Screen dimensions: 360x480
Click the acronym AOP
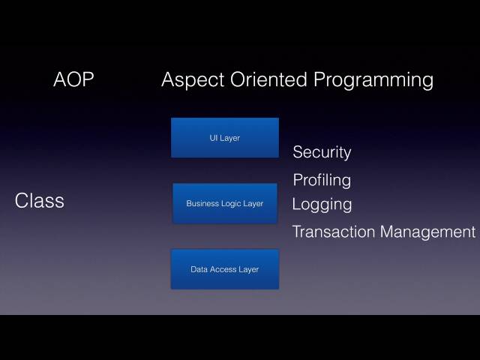[73, 79]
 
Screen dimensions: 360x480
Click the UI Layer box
[224, 137]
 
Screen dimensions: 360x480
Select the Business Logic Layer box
[225, 203]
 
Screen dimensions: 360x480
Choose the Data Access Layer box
[224, 269]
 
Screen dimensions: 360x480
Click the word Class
[40, 201]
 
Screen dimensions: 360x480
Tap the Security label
[322, 152]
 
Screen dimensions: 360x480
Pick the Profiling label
[322, 181]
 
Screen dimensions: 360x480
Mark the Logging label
[322, 204]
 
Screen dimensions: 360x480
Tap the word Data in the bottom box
[199, 269]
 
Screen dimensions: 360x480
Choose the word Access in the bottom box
[223, 269]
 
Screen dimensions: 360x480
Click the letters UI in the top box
[214, 138]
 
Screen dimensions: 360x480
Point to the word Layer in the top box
[229, 138]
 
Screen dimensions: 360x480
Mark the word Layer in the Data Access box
[249, 269]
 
